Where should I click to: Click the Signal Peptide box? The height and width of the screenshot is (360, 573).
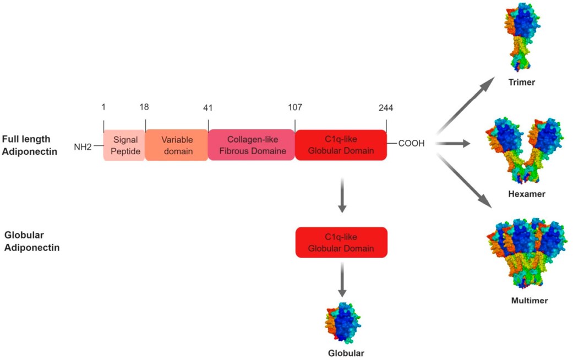124,145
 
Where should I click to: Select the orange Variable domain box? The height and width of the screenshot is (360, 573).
177,145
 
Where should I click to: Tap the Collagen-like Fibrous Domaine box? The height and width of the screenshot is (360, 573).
252,145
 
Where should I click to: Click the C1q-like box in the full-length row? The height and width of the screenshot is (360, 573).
341,145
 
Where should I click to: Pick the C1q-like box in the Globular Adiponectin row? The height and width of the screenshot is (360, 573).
341,243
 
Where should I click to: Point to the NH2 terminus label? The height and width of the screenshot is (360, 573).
83,146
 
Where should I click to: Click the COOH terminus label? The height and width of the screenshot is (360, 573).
410,144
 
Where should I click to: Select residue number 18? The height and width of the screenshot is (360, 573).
144,107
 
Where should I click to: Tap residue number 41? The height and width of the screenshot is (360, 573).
208,108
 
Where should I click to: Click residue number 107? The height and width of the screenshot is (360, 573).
294,107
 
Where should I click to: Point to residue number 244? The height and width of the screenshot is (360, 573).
386,107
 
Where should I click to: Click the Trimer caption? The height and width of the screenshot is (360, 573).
522,83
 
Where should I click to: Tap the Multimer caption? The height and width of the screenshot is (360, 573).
528,301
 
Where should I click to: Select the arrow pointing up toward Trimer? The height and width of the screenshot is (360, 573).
462,105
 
